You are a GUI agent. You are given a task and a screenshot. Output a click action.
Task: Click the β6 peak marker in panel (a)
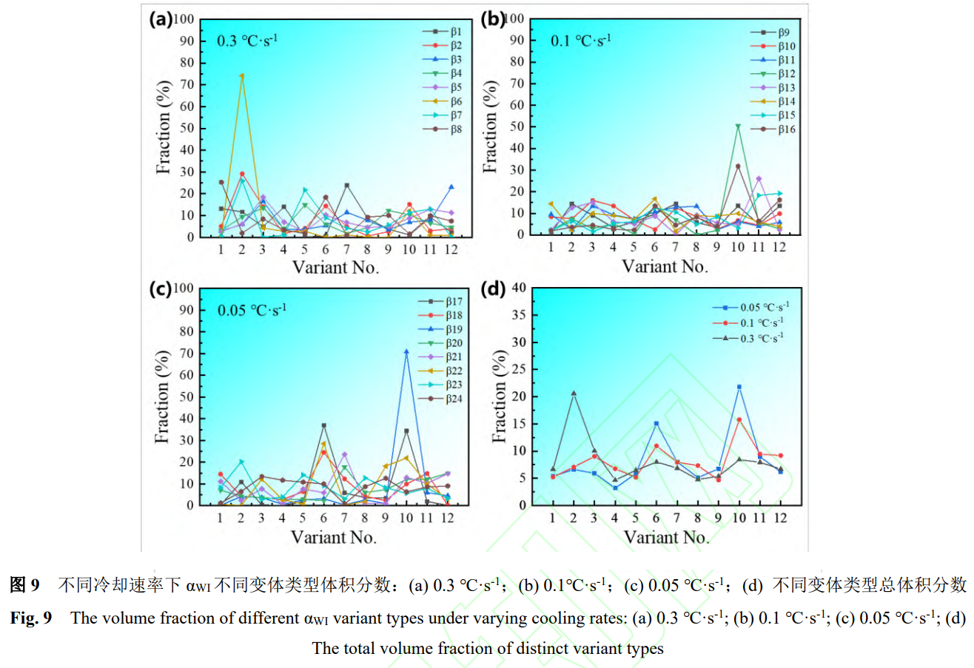(242, 75)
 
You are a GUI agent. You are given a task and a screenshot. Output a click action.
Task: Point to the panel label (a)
(161, 19)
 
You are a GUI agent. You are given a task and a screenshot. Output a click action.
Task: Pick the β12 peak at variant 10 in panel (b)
(738, 126)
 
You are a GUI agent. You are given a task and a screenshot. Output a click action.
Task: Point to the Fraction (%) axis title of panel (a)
(164, 128)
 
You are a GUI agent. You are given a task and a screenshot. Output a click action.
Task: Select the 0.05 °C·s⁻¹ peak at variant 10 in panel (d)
(738, 387)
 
